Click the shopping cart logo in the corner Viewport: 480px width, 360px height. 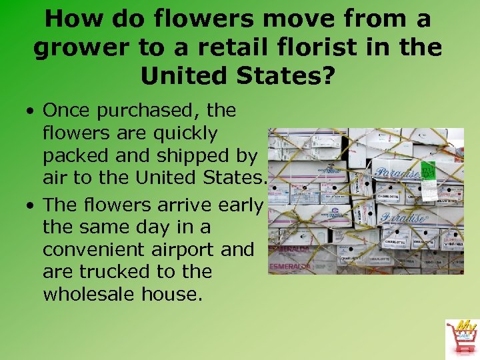pyautogui.click(x=461, y=339)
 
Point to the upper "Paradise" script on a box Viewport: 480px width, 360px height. pyautogui.click(x=398, y=173)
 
